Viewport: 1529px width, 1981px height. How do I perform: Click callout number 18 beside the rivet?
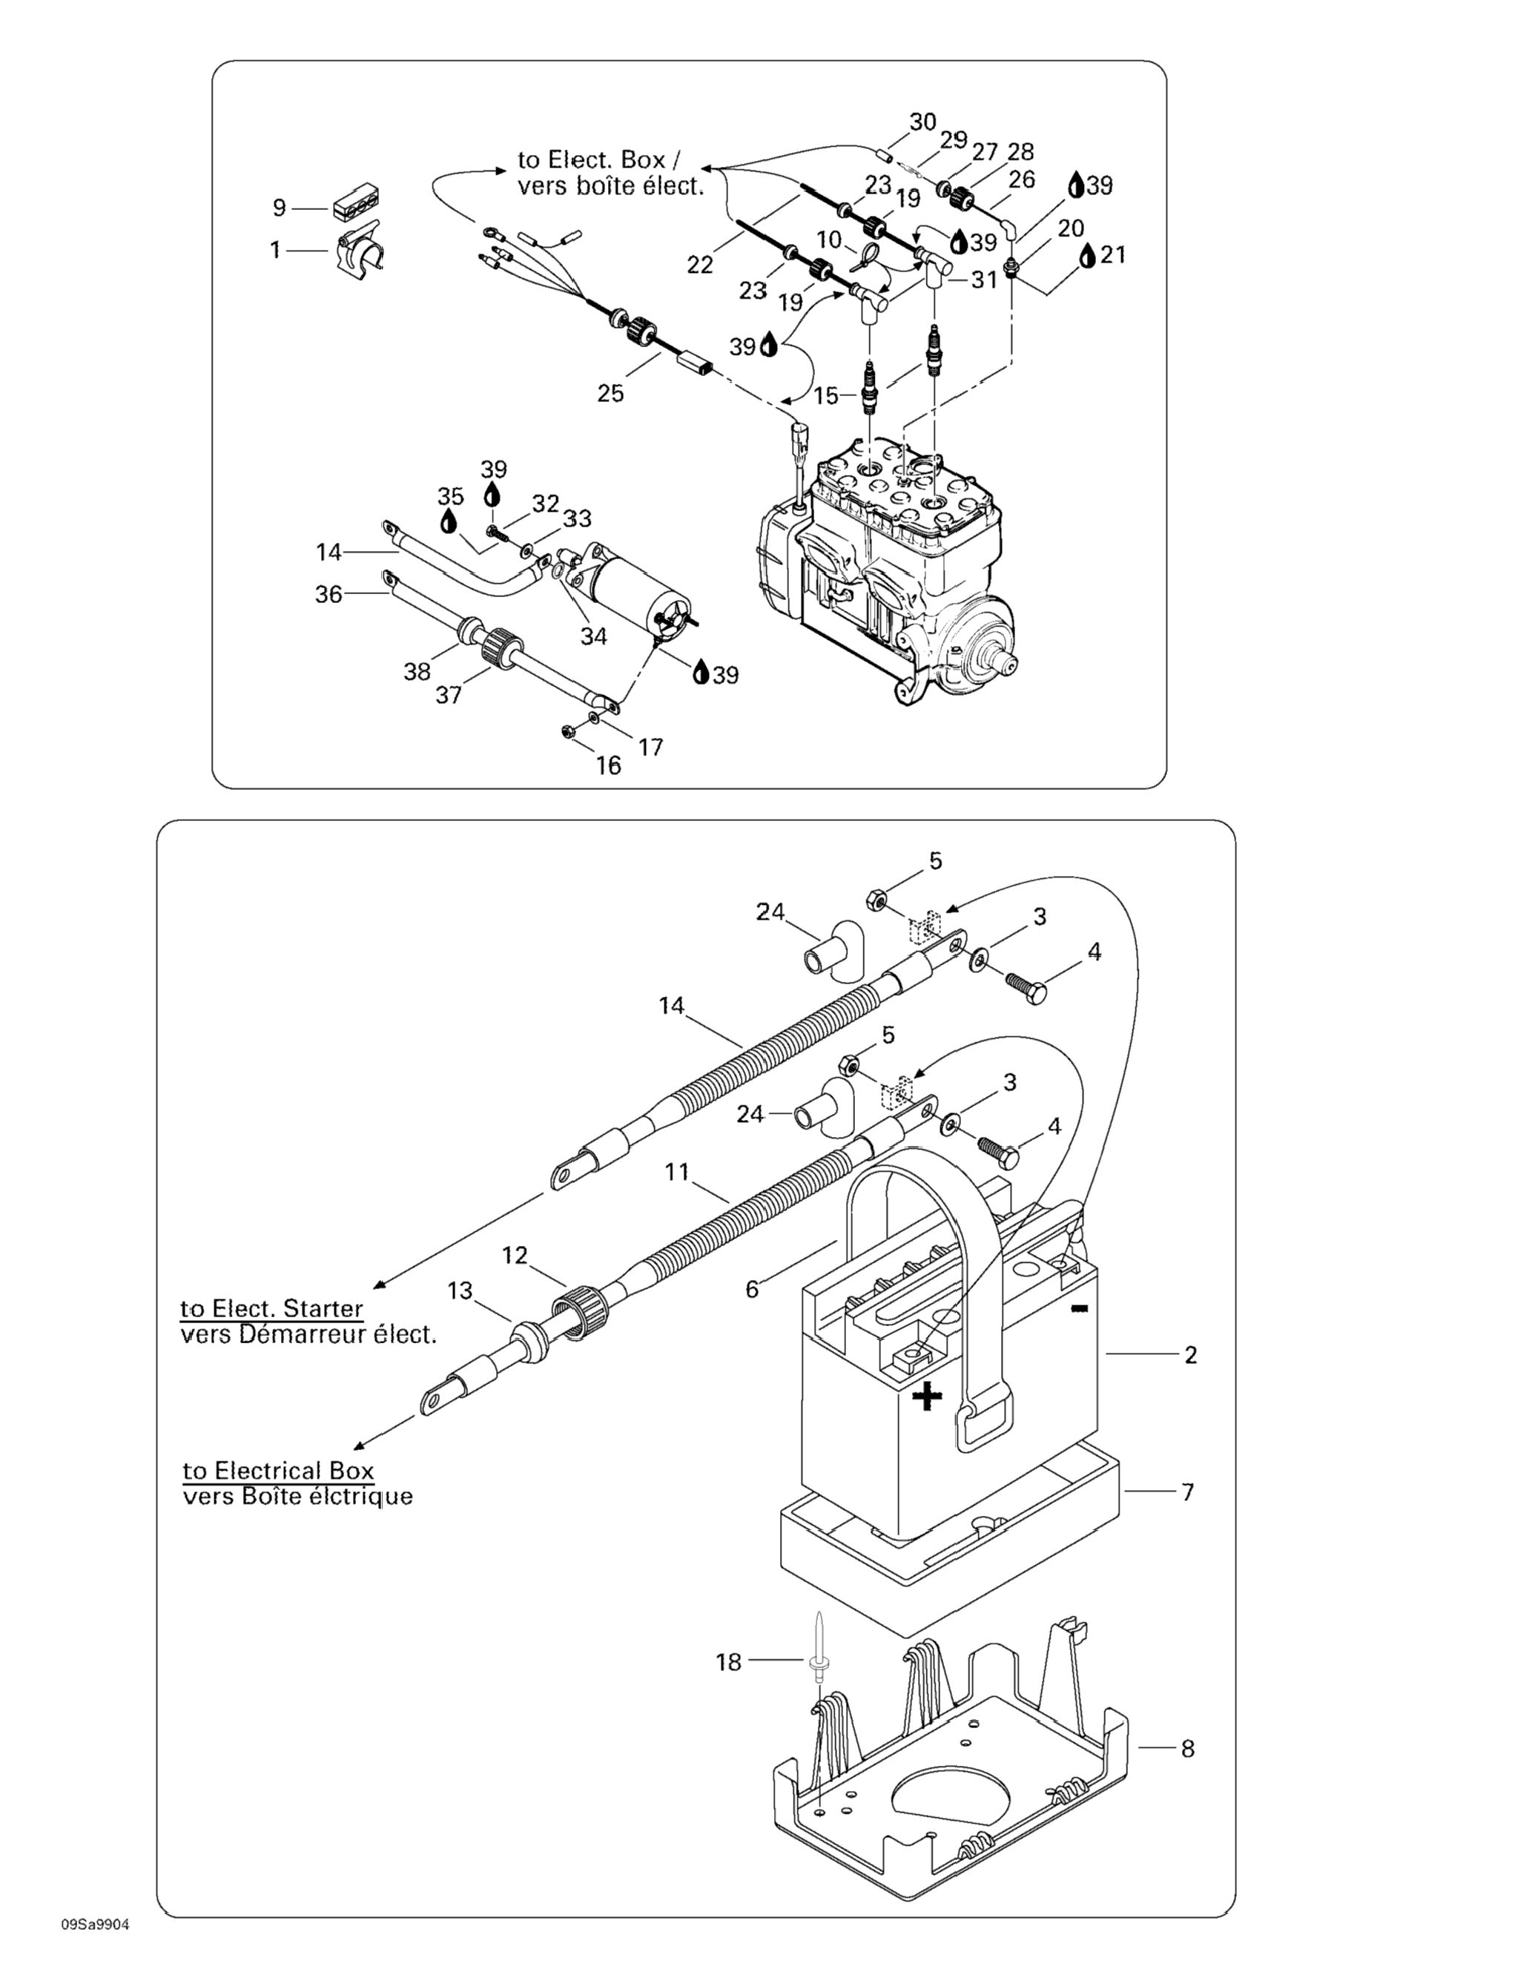[x=729, y=1662]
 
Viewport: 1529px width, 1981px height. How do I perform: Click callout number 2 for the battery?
[x=1191, y=1355]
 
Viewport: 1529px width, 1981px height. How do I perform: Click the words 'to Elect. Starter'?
[x=271, y=1309]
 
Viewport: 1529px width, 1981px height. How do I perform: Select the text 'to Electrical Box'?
[x=278, y=1470]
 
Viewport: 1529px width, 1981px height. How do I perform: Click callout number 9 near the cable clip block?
[x=280, y=208]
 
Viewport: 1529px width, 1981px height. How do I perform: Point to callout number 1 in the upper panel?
[x=276, y=248]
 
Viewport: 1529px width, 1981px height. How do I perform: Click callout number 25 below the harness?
[x=610, y=393]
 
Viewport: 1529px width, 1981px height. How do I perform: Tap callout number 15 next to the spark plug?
[x=826, y=395]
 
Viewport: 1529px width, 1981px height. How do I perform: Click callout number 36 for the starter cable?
[x=328, y=594]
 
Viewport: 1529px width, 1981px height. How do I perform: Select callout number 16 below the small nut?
[x=609, y=765]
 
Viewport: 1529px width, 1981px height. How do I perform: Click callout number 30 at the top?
[x=922, y=122]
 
